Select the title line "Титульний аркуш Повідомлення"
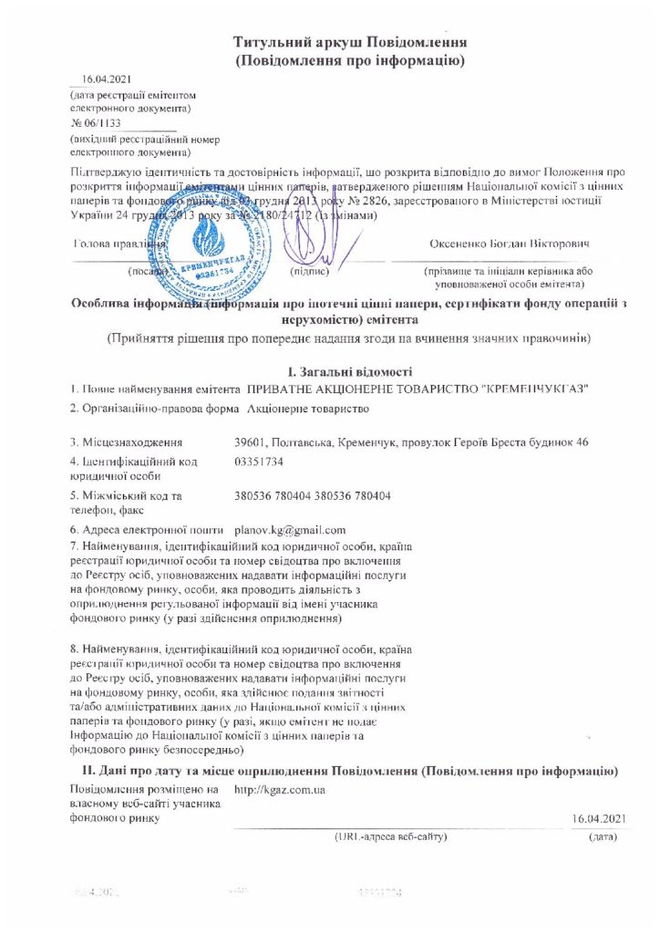(x=351, y=43)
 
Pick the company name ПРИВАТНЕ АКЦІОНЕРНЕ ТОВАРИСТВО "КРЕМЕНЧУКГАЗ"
(x=411, y=389)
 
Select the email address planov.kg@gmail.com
(x=290, y=529)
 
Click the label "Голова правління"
(x=119, y=244)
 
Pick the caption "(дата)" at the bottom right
(x=603, y=835)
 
